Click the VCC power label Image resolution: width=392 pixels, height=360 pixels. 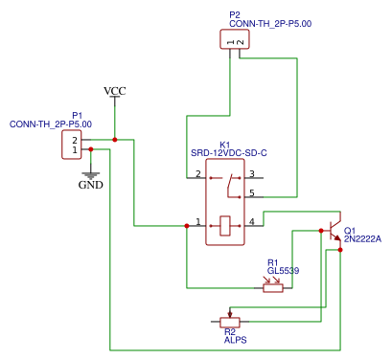coord(114,91)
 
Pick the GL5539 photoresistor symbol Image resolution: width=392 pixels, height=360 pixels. coord(273,286)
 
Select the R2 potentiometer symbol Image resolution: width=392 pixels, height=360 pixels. coord(229,321)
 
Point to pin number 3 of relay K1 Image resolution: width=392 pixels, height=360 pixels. coord(251,174)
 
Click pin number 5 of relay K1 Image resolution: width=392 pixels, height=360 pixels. coord(251,193)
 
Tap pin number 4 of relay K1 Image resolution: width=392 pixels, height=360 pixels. coord(251,222)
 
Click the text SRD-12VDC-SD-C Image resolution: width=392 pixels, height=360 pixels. coord(228,153)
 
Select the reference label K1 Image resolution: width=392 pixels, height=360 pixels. coord(225,144)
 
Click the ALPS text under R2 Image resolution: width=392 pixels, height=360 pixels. coord(235,340)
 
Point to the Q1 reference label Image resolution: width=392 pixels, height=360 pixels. coord(350,231)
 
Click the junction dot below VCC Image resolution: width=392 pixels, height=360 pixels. coord(114,140)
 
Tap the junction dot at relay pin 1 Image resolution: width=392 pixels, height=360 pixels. coord(186,226)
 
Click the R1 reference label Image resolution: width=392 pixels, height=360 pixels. coord(272,262)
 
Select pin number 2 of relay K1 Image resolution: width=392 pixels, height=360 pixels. coord(197,174)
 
